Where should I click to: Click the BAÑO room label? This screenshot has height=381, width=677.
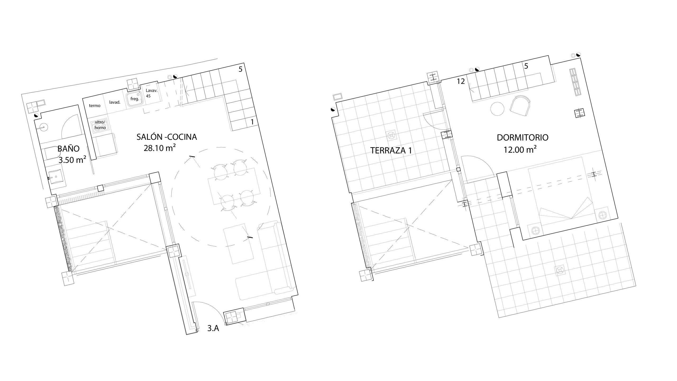pos(68,149)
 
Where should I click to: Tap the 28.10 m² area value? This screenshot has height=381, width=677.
pos(160,148)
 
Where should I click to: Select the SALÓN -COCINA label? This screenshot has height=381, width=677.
pos(167,137)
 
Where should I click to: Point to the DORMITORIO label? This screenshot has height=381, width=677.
pos(523,137)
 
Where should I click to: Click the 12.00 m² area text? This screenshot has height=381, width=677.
pos(520,150)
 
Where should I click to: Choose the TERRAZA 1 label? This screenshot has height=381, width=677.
pos(391,150)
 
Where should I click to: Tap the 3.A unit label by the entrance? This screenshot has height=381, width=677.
pos(213,329)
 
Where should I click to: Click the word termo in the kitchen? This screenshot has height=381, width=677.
pos(95,106)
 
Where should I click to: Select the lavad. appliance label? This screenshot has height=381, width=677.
pos(115,102)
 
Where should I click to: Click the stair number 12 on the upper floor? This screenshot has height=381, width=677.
pos(461,81)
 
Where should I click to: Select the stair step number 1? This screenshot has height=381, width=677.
pos(252,122)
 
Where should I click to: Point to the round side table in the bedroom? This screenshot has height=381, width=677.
pos(497,109)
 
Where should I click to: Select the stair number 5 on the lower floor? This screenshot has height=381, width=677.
pos(240,69)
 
